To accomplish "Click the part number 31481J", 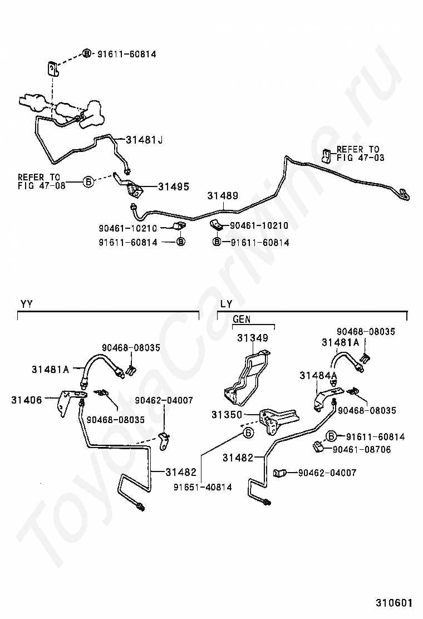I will (144, 139).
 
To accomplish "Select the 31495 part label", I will (174, 186).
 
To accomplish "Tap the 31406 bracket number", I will (26, 399).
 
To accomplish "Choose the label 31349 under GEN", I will (252, 338).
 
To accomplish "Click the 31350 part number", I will (227, 415).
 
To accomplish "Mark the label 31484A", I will (318, 376).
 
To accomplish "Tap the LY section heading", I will (226, 304).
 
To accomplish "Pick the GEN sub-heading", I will (242, 320).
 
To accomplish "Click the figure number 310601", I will (394, 603).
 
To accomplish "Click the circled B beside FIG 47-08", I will (87, 182).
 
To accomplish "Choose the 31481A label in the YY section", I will (50, 369).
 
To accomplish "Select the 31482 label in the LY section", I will (238, 458).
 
